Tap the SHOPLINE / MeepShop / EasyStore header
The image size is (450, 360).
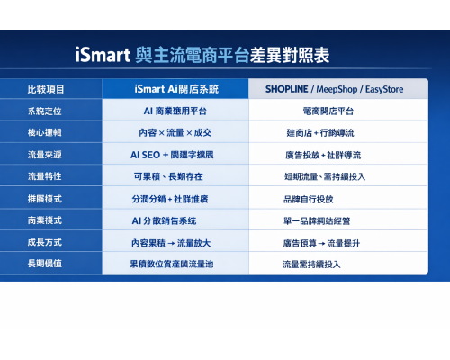pos(334,89)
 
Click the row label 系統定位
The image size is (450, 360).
pos(45,111)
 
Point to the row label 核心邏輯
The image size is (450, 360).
pos(45,132)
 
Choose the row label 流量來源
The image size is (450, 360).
pos(45,155)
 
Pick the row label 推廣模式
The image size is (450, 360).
pos(45,198)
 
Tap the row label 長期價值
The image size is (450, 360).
pos(45,264)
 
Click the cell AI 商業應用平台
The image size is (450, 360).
pos(175,111)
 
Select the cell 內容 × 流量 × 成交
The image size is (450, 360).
pos(175,132)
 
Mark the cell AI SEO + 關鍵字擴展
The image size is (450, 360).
pos(175,155)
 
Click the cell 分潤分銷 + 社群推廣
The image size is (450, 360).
pos(175,198)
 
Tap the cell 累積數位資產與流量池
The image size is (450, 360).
pos(175,265)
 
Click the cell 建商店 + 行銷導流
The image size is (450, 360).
pos(321,132)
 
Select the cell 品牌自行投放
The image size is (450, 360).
pos(308,199)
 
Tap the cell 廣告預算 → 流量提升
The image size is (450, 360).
pos(320,243)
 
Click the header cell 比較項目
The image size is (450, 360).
pos(45,89)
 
